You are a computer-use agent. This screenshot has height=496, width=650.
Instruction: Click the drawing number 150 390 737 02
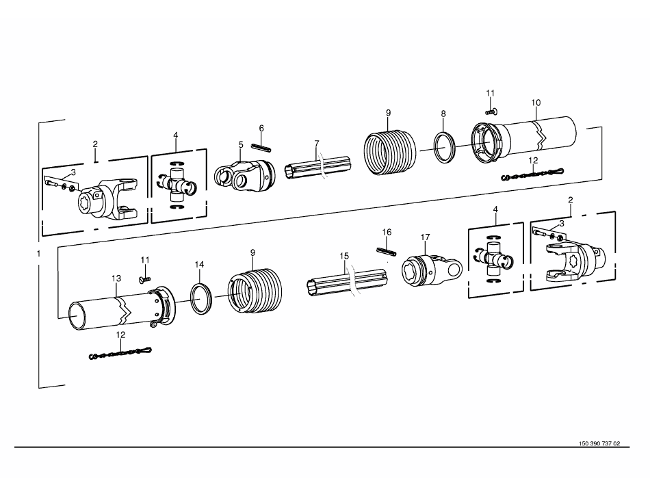point(599,443)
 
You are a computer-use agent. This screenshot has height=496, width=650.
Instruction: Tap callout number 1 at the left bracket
point(39,253)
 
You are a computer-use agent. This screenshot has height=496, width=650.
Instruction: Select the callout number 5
point(241,144)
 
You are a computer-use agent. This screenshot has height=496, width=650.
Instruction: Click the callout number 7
point(317,144)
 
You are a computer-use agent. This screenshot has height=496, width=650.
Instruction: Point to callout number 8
point(443,114)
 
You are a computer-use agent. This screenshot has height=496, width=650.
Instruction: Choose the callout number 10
point(536,103)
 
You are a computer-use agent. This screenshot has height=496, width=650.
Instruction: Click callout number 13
point(116,278)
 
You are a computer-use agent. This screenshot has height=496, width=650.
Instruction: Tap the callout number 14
point(199,265)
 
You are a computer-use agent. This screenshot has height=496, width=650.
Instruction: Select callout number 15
point(344,256)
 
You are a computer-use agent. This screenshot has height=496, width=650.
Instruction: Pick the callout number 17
point(426,237)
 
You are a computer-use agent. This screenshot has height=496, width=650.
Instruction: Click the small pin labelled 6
point(261,147)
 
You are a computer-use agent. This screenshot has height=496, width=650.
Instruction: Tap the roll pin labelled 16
point(387,251)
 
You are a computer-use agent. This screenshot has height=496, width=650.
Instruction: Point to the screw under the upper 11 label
point(491,112)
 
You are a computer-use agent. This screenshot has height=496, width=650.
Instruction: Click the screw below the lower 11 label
point(144,279)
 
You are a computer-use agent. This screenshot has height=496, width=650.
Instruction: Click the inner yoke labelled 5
point(244,175)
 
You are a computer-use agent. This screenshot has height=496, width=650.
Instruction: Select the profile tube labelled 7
point(318,168)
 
